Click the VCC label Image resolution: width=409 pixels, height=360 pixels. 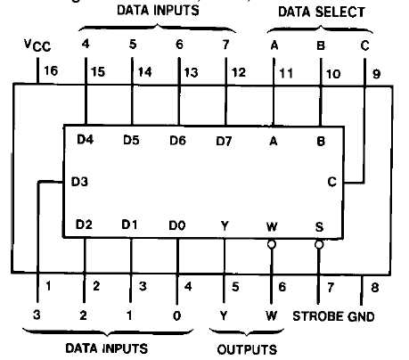pyautogui.click(x=37, y=45)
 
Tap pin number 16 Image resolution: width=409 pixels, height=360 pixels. pyautogui.click(x=51, y=70)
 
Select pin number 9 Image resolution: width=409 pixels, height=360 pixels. pyautogui.click(x=376, y=74)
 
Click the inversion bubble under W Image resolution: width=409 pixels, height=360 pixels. pyautogui.click(x=272, y=244)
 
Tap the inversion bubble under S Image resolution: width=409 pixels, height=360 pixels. pyautogui.click(x=319, y=245)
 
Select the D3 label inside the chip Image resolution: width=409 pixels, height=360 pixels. pyautogui.click(x=79, y=182)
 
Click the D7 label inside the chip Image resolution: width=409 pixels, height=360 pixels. pyautogui.click(x=224, y=141)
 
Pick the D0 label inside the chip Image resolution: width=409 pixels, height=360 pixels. pyautogui.click(x=177, y=225)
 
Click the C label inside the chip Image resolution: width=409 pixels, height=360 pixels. pyautogui.click(x=331, y=182)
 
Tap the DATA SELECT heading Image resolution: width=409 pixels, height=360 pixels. pyautogui.click(x=322, y=12)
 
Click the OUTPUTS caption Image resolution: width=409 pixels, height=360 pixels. pyautogui.click(x=247, y=349)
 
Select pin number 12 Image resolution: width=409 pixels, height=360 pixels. pyautogui.click(x=239, y=72)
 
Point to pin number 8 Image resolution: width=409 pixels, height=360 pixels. pyautogui.click(x=375, y=287)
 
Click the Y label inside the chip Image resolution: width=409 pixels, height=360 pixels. pyautogui.click(x=225, y=226)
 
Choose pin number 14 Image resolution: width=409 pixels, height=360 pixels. pyautogui.click(x=144, y=72)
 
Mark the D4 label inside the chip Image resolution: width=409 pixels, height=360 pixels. pyautogui.click(x=86, y=139)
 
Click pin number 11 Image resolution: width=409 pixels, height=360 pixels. pyautogui.click(x=286, y=73)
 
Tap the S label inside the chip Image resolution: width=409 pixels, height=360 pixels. pyautogui.click(x=319, y=227)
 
